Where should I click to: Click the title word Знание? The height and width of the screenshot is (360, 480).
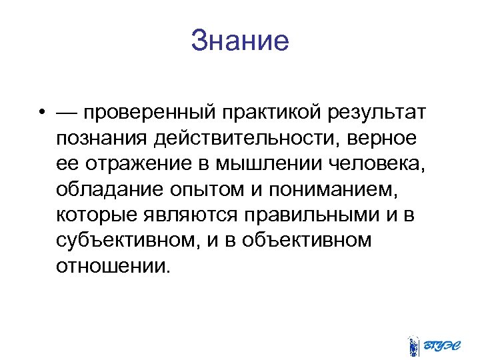tap(240, 41)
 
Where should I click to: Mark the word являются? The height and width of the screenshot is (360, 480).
tap(194, 216)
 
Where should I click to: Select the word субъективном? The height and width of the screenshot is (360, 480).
tap(126, 242)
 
